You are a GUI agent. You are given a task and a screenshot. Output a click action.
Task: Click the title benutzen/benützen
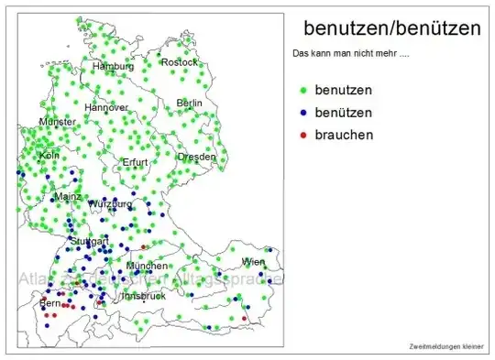pos(391,29)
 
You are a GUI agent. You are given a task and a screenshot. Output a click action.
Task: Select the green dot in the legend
pos(302,90)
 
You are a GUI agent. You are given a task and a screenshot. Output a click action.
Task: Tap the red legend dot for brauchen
pos(302,135)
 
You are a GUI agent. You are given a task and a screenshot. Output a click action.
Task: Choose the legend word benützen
pos(343,112)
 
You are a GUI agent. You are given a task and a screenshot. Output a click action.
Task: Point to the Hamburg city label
pos(114,67)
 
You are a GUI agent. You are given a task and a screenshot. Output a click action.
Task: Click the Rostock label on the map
pos(180,62)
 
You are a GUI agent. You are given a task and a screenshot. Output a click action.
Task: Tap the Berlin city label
pos(190,103)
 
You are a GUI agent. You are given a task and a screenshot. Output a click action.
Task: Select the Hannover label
pos(106,107)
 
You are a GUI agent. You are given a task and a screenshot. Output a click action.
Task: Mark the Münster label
pos(58,122)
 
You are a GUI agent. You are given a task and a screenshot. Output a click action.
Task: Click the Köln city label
pos(49,156)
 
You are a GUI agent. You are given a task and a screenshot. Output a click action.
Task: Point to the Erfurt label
pos(136,162)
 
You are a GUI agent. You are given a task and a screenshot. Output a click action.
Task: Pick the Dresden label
pos(197,157)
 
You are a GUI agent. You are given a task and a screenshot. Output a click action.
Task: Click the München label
pos(148,266)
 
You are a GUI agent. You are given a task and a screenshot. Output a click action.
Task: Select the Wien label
pos(253,262)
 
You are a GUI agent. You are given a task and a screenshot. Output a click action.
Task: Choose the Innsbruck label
pos(142,296)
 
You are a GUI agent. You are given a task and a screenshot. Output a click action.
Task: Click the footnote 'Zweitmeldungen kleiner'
pos(446,345)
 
